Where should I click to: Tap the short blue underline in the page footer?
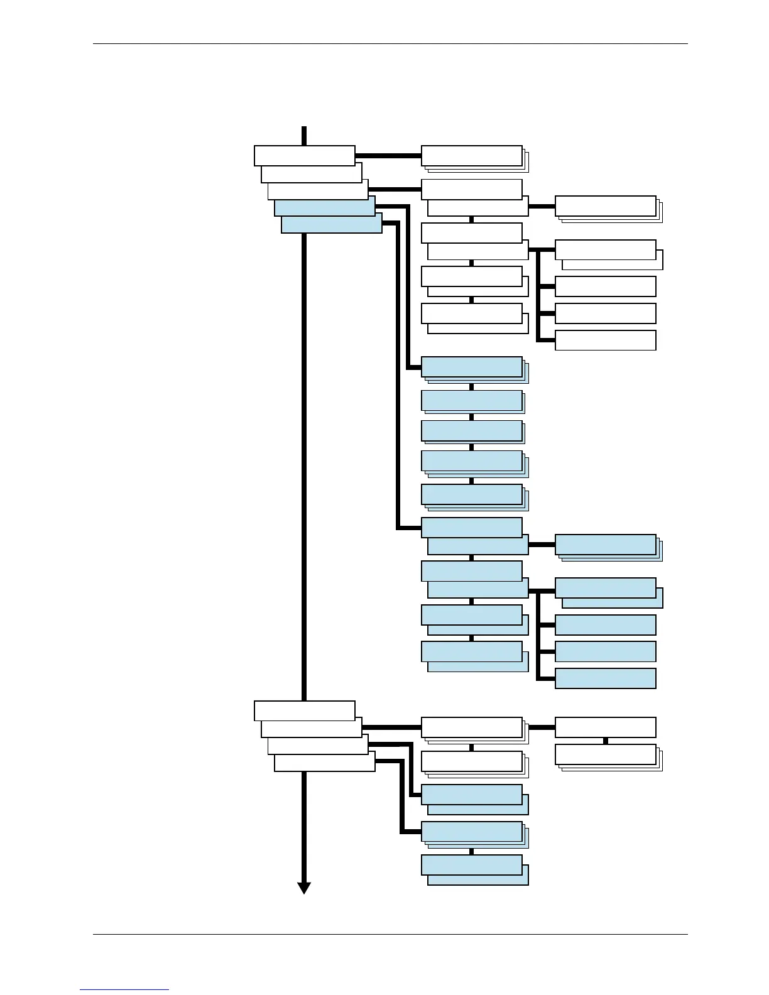tap(124, 990)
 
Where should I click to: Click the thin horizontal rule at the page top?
tap(390, 44)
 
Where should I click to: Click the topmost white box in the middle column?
tap(471, 155)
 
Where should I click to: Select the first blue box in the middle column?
tap(471, 366)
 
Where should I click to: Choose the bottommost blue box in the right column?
tap(606, 678)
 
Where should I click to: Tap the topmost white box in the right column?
tap(606, 205)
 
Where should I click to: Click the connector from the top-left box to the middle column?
tap(388, 155)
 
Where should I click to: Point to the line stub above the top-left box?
tap(304, 136)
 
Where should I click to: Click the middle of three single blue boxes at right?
tap(606, 651)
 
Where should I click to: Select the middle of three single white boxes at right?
tap(606, 313)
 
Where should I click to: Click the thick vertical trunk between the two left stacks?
tap(304, 465)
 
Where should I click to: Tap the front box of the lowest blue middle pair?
tap(471, 864)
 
